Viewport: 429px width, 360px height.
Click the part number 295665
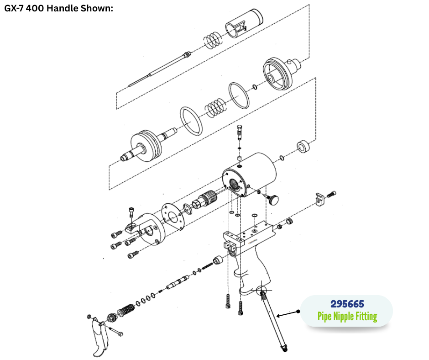point(347,304)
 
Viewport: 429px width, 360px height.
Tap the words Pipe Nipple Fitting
point(347,317)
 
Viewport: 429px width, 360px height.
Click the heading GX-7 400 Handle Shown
point(58,8)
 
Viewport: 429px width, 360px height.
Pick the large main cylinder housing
point(249,175)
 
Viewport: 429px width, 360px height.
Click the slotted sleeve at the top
point(244,23)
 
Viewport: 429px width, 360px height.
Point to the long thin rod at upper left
point(160,69)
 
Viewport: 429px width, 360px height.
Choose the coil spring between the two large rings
point(216,108)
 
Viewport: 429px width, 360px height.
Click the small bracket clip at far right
point(319,199)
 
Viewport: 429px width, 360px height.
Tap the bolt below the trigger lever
point(116,331)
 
